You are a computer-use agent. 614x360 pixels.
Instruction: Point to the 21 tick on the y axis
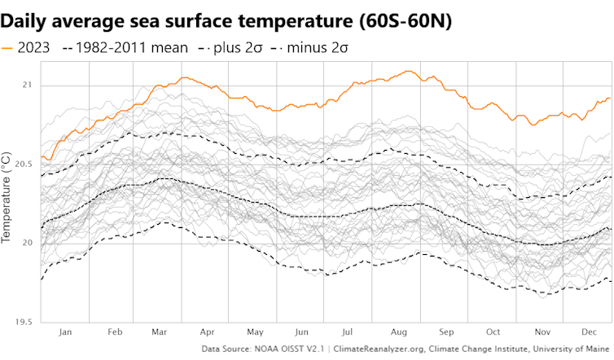(x=28, y=86)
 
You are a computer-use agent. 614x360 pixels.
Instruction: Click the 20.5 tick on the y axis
(x=24, y=165)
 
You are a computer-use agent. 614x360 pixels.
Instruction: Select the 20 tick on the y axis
(x=28, y=244)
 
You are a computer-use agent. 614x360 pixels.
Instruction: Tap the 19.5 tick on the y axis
(x=24, y=322)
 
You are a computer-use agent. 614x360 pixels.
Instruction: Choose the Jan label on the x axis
(x=65, y=333)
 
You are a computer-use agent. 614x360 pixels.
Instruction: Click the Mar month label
(x=160, y=333)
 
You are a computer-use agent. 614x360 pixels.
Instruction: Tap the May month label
(x=256, y=333)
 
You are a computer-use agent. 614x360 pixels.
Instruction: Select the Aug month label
(x=399, y=333)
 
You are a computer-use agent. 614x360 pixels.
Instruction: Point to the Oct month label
(x=493, y=333)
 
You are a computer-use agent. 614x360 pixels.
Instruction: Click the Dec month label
(x=588, y=333)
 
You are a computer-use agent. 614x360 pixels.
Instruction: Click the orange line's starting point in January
(x=42, y=157)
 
